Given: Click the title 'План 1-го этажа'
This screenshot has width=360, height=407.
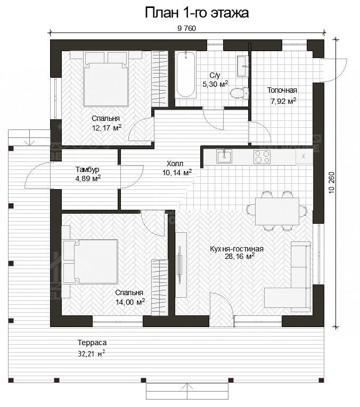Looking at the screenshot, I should (197, 13).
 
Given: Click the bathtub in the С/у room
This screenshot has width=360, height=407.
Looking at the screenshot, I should (186, 75).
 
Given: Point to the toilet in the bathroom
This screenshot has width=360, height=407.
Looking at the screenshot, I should (238, 93).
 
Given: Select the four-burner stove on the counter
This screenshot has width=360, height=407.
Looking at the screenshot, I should (261, 157).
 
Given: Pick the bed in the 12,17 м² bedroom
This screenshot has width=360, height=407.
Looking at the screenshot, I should (107, 82).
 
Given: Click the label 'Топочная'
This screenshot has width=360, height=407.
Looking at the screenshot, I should (282, 90).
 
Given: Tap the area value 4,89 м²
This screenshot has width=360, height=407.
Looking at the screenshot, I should (88, 178).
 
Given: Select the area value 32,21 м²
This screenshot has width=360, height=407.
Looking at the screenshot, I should (91, 353).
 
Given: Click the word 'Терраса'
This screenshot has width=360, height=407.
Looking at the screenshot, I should (88, 343).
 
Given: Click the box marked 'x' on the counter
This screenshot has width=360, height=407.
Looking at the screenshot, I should (304, 157).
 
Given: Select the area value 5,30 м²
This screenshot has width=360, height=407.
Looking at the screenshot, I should (215, 84).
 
